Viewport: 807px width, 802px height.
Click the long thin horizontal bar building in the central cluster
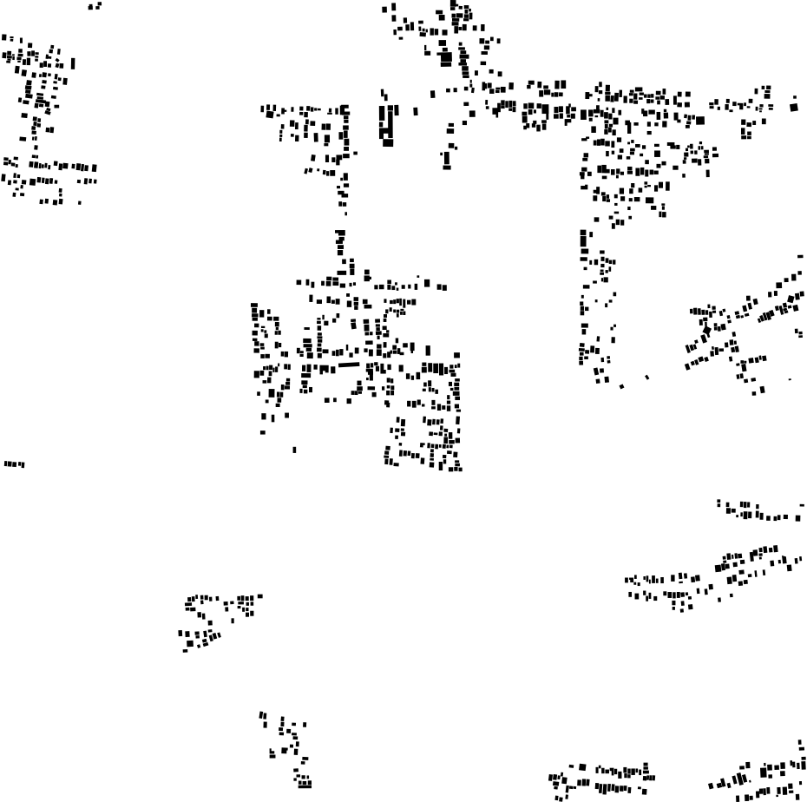pyautogui.click(x=348, y=365)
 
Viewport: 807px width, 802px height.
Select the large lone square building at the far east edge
pyautogui.click(x=793, y=107)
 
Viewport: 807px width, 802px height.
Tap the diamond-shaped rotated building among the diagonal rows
pyautogui.click(x=706, y=331)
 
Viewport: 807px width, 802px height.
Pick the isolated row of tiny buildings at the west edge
pyautogui.click(x=14, y=464)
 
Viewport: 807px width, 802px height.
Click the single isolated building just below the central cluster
pyautogui.click(x=294, y=450)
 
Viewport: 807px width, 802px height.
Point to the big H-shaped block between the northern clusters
pyautogui.click(x=387, y=122)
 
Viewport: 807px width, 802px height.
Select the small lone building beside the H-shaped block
pyautogui.click(x=416, y=111)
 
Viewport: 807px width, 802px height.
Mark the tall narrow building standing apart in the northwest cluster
pyautogui.click(x=73, y=63)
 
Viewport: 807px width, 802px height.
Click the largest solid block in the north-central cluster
pyautogui.click(x=446, y=59)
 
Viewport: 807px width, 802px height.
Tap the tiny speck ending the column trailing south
pyautogui.click(x=346, y=213)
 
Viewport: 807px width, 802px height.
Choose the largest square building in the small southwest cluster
pyautogui.click(x=190, y=643)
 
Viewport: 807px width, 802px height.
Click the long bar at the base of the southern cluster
pyautogui.click(x=305, y=786)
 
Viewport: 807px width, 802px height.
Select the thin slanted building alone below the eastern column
pyautogui.click(x=647, y=378)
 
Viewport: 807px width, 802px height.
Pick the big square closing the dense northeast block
pyautogui.click(x=700, y=121)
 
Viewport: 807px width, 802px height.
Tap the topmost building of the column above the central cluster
pyautogui.click(x=340, y=233)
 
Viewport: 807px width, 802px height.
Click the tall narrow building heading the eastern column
pyautogui.click(x=582, y=238)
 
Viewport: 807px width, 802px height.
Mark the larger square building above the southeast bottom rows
pyautogui.click(x=764, y=771)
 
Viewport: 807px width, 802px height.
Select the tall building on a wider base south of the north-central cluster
pyautogui.click(x=447, y=159)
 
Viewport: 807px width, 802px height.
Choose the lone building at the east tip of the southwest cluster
pyautogui.click(x=259, y=595)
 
